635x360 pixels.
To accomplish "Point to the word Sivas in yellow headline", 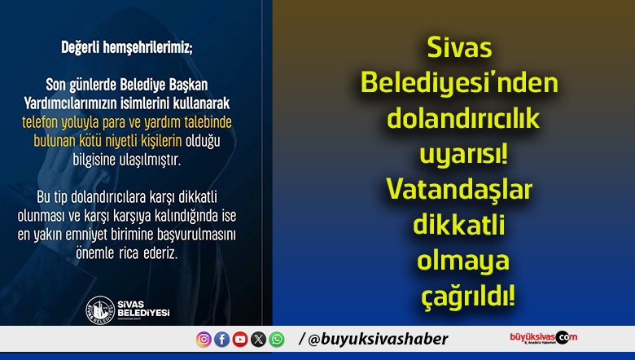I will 460,49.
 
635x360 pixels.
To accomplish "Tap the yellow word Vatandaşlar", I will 459,189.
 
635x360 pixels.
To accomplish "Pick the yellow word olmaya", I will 462,261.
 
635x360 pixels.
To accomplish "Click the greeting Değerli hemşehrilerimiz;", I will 127,46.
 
